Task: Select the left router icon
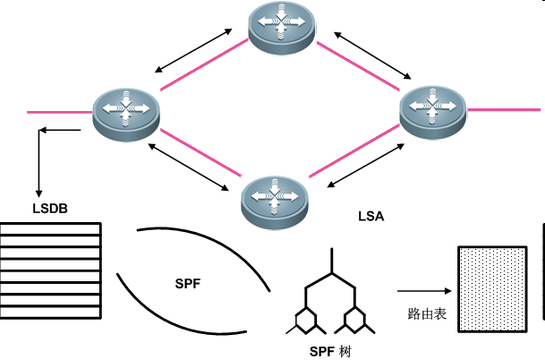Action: pyautogui.click(x=125, y=111)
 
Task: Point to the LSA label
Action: pyautogui.click(x=370, y=216)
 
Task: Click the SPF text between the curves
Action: pyautogui.click(x=188, y=284)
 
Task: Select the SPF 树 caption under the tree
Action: pyautogui.click(x=330, y=349)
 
